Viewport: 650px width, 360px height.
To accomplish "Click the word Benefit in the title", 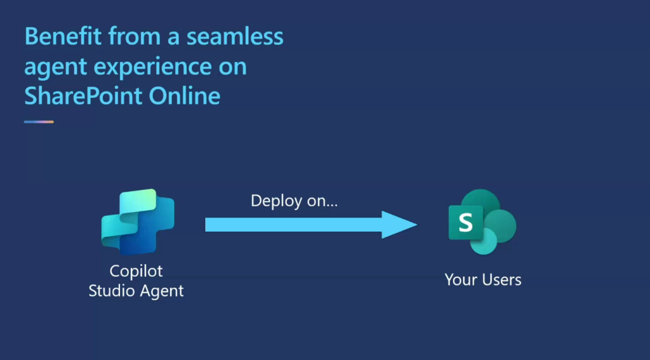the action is tap(63, 36).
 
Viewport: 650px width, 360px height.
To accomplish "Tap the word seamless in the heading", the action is tap(235, 36).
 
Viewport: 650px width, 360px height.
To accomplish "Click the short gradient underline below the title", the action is tap(39, 122).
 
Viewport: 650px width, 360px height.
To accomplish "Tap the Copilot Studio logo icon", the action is tap(138, 222).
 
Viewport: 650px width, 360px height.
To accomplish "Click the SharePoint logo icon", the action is tap(482, 222).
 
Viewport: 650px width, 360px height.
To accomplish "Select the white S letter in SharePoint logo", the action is tap(465, 223).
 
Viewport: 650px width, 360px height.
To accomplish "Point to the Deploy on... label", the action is tap(295, 201).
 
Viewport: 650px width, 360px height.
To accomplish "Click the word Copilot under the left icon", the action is tap(136, 271).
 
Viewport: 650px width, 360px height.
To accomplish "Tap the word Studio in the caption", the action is tap(112, 290).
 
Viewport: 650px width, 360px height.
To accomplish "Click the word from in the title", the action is tap(135, 36).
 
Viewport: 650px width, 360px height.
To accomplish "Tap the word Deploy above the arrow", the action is tap(276, 201).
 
